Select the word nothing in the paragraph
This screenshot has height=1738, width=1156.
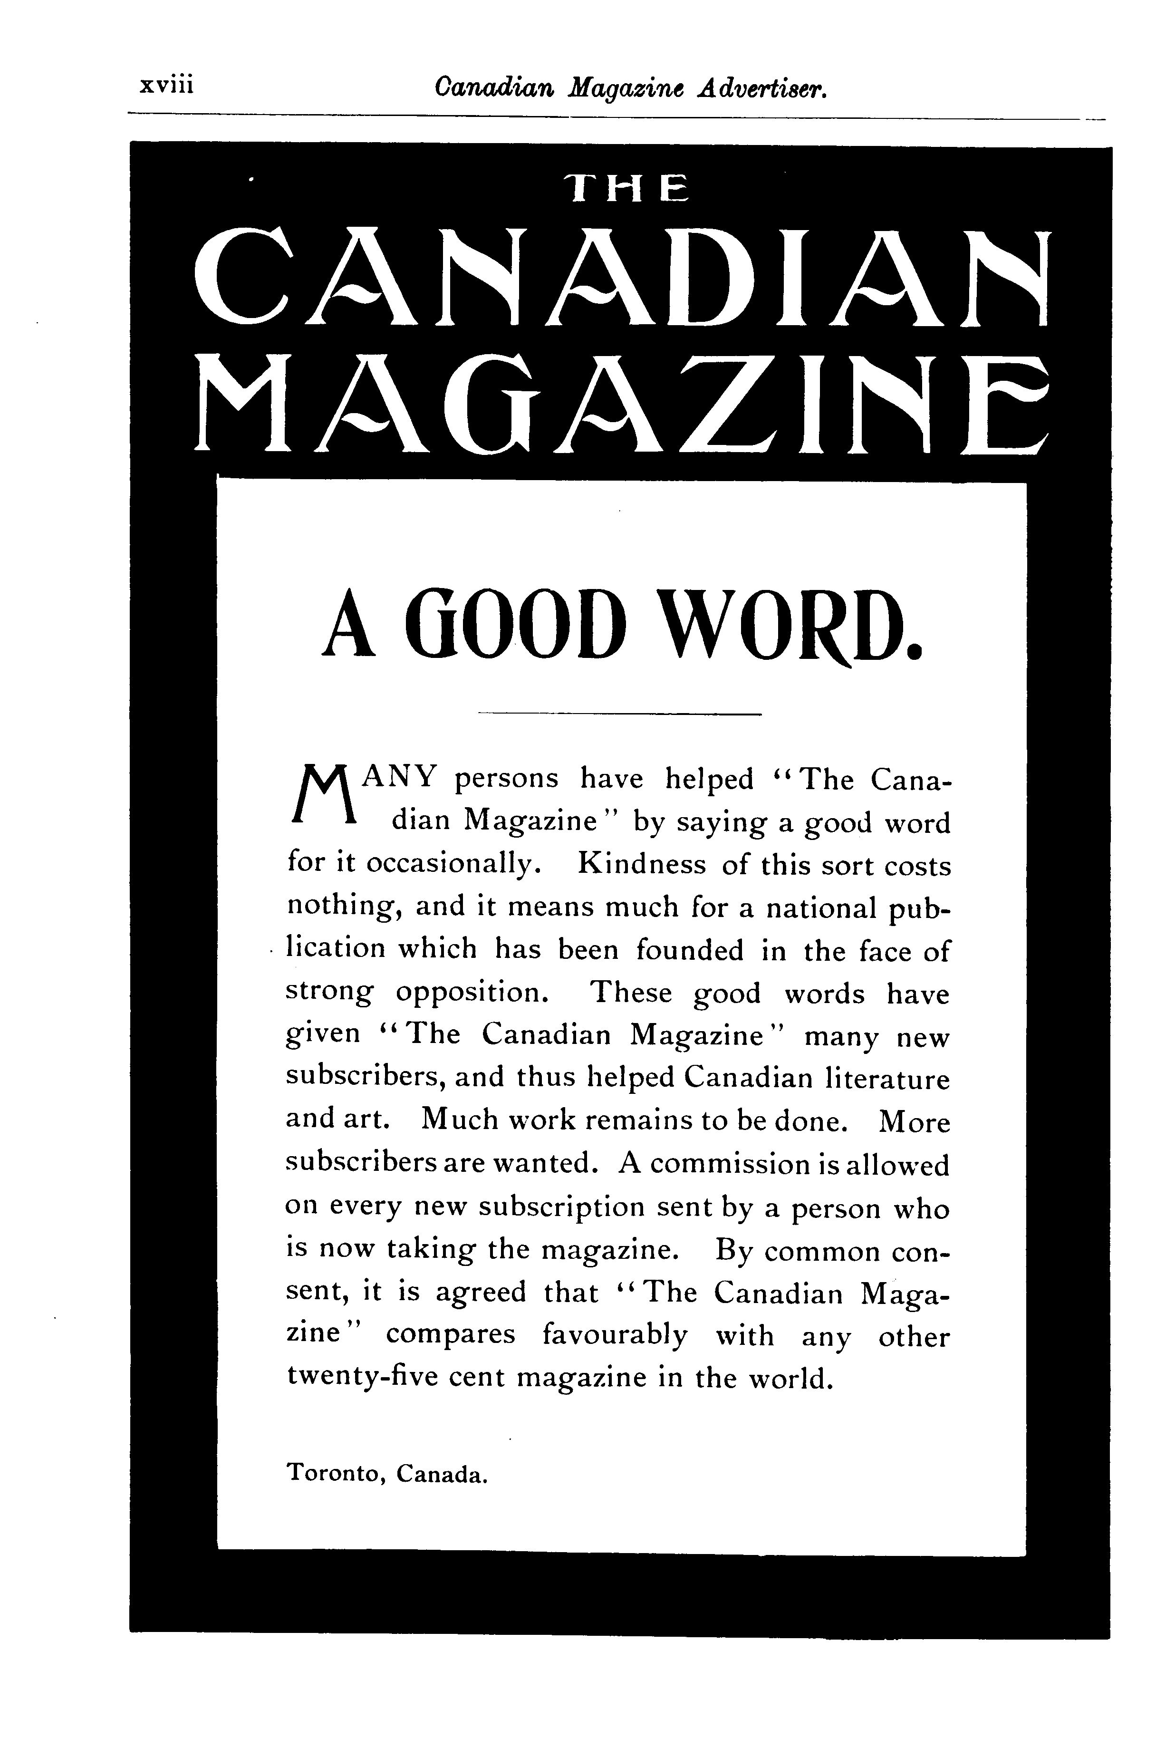click(x=344, y=908)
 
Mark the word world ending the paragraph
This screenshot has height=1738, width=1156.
click(x=789, y=1378)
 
